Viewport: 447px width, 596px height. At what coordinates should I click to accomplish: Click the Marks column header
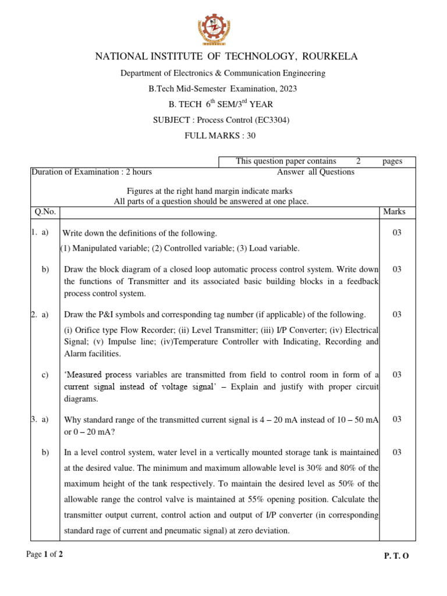point(395,212)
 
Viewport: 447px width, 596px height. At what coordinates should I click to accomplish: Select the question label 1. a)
point(40,233)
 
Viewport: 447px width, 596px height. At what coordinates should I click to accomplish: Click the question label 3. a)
point(40,419)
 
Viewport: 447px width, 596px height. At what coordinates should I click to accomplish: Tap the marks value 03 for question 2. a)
point(397,315)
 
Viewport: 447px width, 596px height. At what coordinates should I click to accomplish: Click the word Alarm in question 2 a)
point(76,353)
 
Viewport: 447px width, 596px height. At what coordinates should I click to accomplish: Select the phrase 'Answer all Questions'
point(315,172)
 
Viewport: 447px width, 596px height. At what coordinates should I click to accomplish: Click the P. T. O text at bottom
point(396,556)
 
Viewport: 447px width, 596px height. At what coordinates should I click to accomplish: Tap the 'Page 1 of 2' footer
point(45,555)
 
